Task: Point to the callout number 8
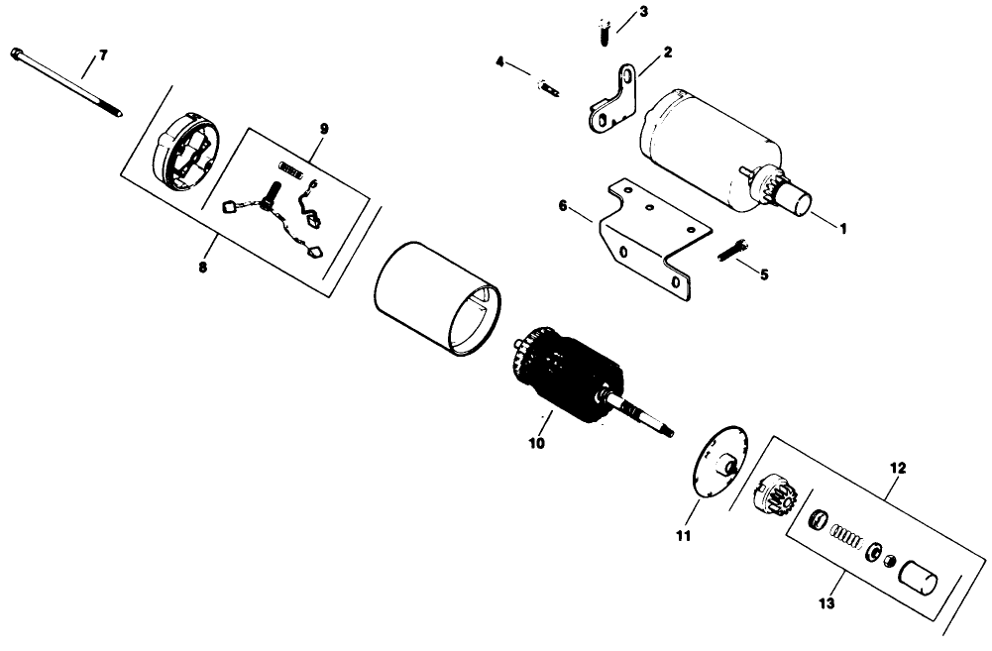click(202, 267)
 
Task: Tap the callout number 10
click(536, 443)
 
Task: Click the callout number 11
click(683, 536)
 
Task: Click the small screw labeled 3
click(603, 32)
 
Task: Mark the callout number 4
click(500, 62)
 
